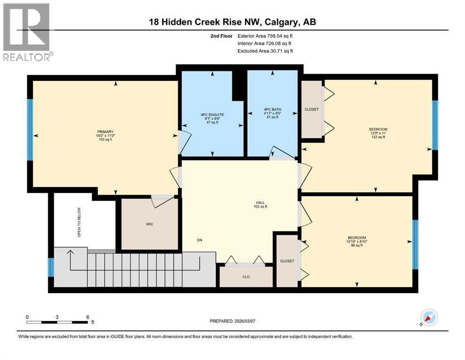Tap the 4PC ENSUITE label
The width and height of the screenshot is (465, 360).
pos(212,114)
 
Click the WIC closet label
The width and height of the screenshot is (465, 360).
pos(149,224)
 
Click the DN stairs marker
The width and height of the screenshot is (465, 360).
pos(199,241)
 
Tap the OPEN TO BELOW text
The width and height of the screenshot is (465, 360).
pos(79,222)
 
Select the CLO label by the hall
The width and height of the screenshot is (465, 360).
pos(246,277)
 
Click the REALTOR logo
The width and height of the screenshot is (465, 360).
pos(28,32)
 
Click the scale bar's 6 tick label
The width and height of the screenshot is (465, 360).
pos(87,317)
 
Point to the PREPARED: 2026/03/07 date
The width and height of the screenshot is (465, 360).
pos(236,322)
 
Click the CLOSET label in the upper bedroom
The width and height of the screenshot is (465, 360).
pos(311,109)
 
